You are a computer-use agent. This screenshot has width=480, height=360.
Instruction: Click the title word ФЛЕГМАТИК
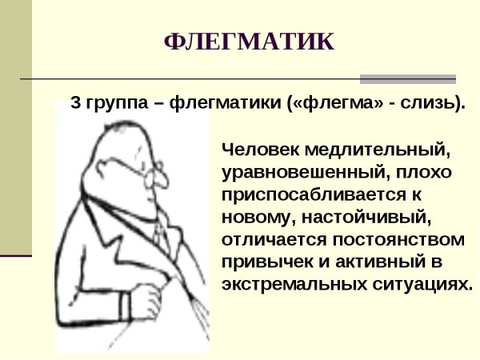click(249, 42)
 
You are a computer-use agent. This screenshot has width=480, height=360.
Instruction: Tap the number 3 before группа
click(76, 104)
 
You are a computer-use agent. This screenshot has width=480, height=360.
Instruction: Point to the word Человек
click(258, 149)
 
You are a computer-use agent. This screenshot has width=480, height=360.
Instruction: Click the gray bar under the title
click(407, 79)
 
